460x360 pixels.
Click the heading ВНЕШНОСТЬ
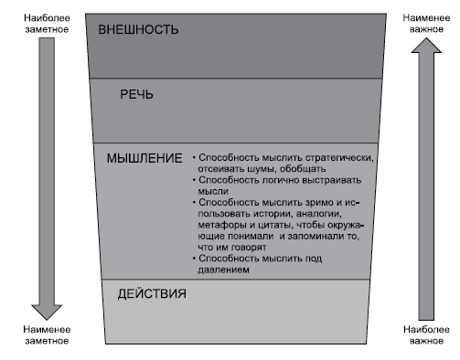(x=139, y=29)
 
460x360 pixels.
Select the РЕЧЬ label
(x=137, y=94)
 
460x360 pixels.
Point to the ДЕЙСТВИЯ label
(x=153, y=294)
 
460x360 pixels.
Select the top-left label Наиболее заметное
(x=44, y=22)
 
